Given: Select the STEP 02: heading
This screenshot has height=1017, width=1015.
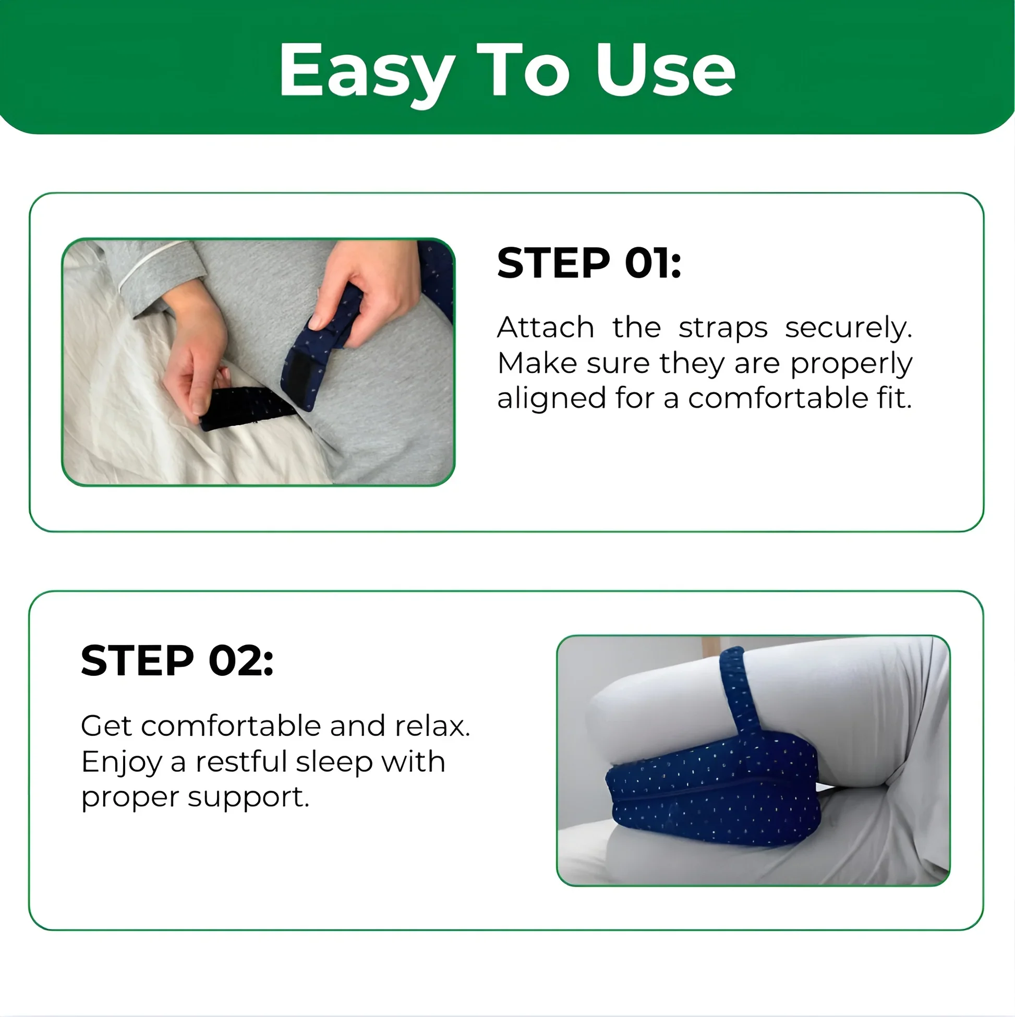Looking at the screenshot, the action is pos(177,661).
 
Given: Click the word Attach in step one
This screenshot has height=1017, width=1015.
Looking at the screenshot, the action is pos(546,328).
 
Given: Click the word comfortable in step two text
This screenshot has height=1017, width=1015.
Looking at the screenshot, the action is pos(231,726).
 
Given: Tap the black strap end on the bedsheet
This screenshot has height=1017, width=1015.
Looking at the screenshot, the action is pos(247,407).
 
